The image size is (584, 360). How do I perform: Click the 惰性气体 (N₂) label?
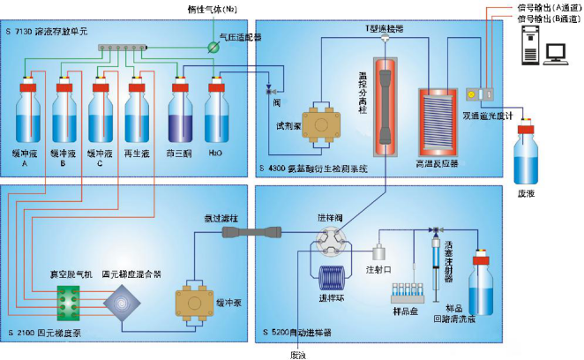(201, 9)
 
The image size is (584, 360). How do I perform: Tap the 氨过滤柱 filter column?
(253, 232)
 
